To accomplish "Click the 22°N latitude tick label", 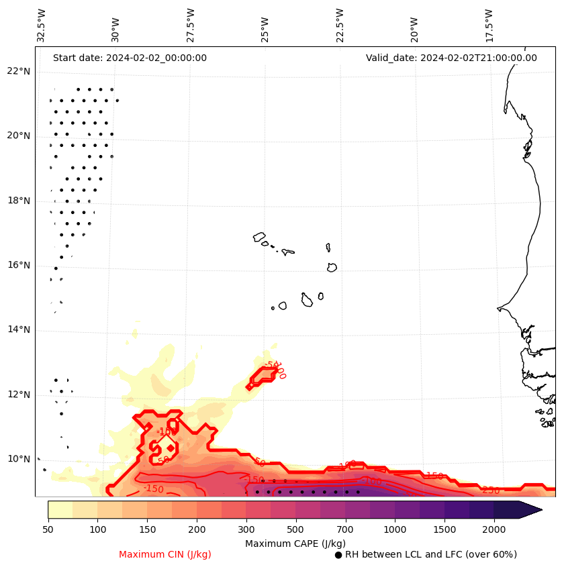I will point(19,72).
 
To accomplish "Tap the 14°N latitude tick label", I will point(19,330).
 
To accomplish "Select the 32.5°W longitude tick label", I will point(42,25).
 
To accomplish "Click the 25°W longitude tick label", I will point(265,25).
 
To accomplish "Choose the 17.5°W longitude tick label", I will point(489,25).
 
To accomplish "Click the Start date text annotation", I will point(130,58).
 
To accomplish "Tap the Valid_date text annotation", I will point(451,58).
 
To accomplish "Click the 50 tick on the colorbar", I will point(48,530).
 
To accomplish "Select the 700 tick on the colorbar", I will point(346,530).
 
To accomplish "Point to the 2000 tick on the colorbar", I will point(494,530).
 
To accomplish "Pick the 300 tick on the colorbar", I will point(246,530).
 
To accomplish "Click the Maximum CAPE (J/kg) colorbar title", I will point(295,543).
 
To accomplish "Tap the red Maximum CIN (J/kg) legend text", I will point(165,555).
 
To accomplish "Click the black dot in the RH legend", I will point(338,555).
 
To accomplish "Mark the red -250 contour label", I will point(491,491).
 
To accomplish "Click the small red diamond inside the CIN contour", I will point(171,448).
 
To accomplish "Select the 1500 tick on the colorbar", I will point(444,530).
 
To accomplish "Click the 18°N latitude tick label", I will point(19,201).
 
